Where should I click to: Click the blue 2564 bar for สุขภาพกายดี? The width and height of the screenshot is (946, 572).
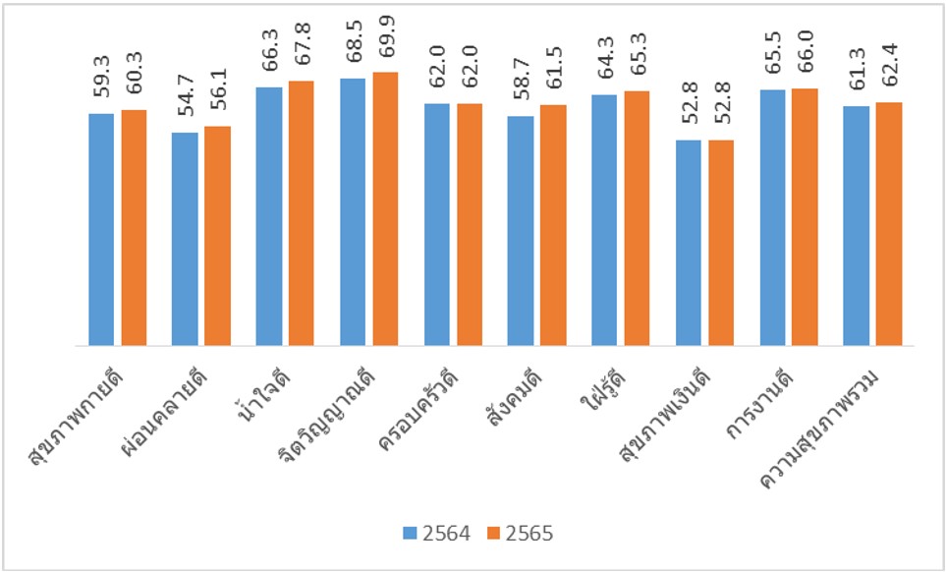point(101,230)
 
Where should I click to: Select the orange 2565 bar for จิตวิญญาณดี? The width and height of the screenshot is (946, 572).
point(386,209)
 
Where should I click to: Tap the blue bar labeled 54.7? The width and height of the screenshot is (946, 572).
point(185,239)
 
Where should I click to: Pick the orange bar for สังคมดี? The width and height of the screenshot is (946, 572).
point(553,225)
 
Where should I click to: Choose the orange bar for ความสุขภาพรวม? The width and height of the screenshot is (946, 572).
point(889,224)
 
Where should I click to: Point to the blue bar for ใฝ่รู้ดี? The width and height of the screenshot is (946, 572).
point(604,220)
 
